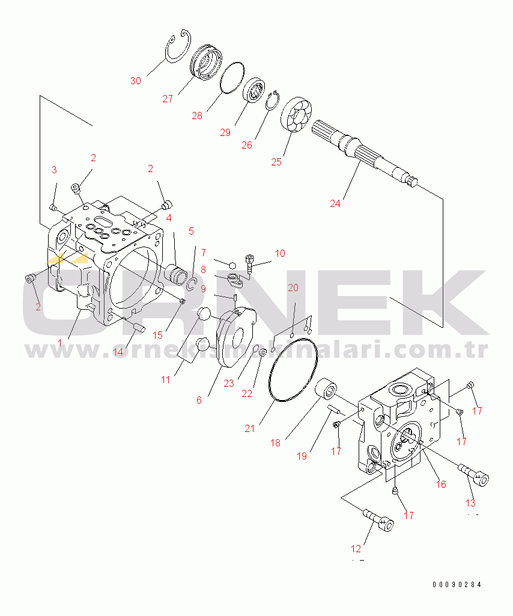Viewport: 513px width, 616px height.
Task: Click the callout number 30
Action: pos(136,81)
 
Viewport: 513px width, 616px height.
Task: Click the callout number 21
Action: pos(250,428)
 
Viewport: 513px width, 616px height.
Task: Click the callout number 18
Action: pos(275,443)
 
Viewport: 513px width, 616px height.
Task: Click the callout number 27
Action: pos(168,99)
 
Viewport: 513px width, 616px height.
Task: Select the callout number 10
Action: pos(280,253)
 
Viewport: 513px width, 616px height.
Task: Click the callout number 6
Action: pos(199,400)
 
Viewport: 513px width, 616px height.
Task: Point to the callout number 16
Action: pos(440,484)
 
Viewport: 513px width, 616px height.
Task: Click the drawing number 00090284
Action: pos(457,584)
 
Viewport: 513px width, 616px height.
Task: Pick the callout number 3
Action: pos(54,170)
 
